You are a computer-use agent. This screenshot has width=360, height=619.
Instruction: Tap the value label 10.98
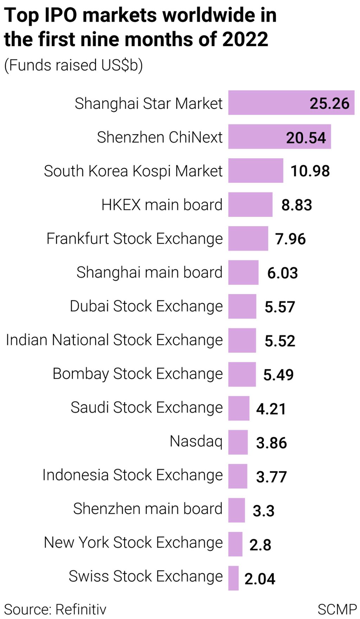tap(310, 171)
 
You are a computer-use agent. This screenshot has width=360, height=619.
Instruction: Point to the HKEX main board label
tap(162, 205)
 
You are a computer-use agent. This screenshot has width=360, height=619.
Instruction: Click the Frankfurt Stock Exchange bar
tap(248, 238)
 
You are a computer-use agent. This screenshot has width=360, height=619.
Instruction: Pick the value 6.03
tap(282, 273)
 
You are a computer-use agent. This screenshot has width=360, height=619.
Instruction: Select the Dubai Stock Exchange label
tap(146, 306)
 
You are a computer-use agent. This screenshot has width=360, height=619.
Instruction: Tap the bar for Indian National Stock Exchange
tap(242, 340)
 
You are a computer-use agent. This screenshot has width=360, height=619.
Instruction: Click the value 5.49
tap(278, 375)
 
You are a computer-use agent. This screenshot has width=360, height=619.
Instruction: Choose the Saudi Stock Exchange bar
tap(239, 408)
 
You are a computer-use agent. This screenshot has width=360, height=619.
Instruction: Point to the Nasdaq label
tap(196, 441)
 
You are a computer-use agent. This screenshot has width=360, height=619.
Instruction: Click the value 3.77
tap(271, 477)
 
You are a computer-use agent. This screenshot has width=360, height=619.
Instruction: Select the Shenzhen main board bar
tap(237, 510)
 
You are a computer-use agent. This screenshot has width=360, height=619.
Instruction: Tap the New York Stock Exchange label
tap(133, 542)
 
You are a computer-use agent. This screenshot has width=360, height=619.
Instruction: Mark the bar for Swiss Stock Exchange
tap(233, 578)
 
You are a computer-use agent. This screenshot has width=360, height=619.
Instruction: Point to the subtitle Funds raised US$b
tap(73, 65)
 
